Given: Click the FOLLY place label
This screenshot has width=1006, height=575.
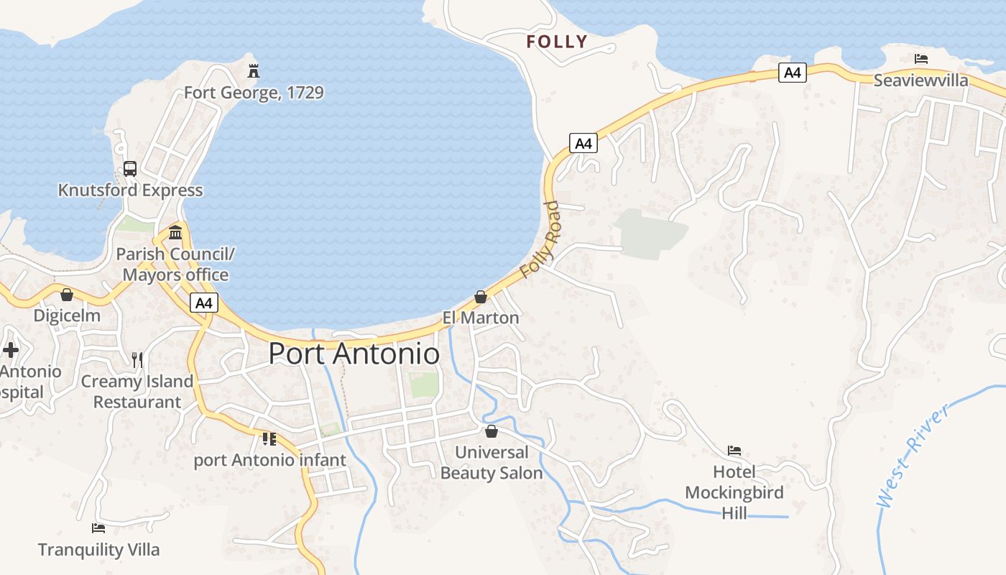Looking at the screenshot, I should point(557,42).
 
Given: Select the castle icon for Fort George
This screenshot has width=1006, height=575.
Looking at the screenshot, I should point(253,70).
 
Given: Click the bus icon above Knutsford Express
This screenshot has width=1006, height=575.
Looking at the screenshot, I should point(130,169).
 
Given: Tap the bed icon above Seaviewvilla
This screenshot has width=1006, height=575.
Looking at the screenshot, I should point(921,59).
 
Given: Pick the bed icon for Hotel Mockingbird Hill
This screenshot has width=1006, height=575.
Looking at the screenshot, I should point(734,451).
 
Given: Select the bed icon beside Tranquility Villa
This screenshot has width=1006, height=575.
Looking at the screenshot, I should point(98,528).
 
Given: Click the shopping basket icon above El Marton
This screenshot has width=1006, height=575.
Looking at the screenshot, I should point(481,297).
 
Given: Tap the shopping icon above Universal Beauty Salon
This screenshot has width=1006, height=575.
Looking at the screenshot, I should point(492,431).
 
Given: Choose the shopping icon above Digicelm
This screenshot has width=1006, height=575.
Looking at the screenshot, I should point(67,295).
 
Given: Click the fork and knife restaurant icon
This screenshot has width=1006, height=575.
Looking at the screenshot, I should point(137,359).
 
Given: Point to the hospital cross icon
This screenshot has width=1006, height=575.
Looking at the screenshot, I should point(11,350).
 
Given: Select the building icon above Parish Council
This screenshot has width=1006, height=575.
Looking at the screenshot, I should point(175,232).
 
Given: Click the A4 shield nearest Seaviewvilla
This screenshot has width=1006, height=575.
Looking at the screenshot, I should point(792,72).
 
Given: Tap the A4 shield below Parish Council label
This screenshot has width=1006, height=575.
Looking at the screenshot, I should point(204,303).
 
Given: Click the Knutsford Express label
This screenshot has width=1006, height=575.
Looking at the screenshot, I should point(130,190).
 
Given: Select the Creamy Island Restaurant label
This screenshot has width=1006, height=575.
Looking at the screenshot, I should point(137,392).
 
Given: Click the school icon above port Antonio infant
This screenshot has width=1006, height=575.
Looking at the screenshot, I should point(269,438).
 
